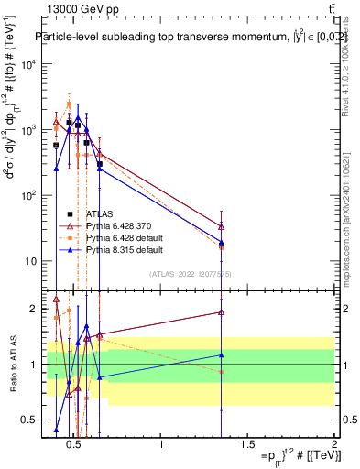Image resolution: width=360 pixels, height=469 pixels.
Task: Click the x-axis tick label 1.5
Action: (x=247, y=446)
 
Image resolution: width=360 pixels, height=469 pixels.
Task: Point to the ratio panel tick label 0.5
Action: (x=27, y=420)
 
